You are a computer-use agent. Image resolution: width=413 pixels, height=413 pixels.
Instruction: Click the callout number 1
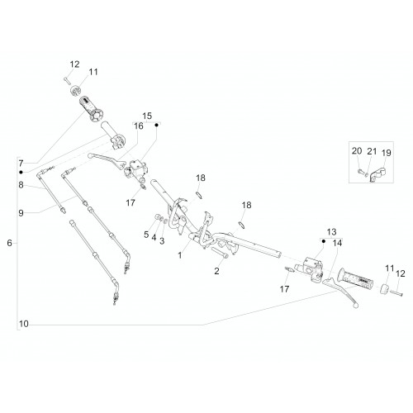tap(180, 255)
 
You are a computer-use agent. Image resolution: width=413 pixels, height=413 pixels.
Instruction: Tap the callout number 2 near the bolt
tap(216, 271)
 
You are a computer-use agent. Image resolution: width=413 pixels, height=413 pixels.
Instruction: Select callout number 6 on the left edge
tap(10, 243)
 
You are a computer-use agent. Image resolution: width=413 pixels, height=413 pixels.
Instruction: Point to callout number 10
tap(24, 324)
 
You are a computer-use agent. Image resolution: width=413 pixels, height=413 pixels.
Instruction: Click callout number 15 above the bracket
tap(147, 116)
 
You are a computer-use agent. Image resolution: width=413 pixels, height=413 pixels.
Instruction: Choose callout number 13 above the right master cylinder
tap(331, 232)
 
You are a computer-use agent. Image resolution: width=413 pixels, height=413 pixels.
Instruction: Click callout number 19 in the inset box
tap(387, 153)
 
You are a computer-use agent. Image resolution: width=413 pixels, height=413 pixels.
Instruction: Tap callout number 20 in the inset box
tap(357, 151)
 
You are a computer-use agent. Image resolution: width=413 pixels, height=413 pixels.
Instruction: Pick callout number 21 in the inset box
tap(372, 151)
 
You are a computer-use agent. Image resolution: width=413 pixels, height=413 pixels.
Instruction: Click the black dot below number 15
tap(156, 125)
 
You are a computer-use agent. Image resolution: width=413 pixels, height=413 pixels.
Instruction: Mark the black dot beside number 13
tap(324, 241)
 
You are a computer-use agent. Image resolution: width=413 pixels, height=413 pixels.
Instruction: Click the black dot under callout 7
tap(21, 173)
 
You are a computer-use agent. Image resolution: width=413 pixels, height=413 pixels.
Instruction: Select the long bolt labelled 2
tap(220, 253)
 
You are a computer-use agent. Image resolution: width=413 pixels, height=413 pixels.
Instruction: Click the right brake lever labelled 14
tap(341, 292)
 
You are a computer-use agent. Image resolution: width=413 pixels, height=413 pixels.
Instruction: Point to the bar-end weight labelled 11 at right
tap(385, 288)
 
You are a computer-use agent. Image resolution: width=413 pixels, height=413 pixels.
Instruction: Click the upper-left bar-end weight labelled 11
tap(75, 91)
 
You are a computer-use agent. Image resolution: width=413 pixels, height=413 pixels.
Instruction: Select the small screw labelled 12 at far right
tap(397, 293)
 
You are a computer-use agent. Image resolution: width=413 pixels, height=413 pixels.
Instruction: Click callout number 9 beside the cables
tap(21, 213)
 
